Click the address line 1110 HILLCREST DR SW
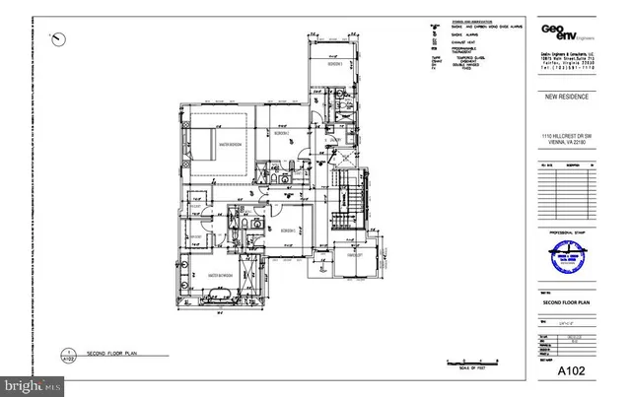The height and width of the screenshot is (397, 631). pyautogui.click(x=565, y=135)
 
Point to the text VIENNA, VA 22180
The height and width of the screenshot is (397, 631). pyautogui.click(x=565, y=142)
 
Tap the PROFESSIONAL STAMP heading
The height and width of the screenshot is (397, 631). pyautogui.click(x=559, y=232)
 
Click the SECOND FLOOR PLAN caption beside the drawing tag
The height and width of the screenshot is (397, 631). pyautogui.click(x=110, y=352)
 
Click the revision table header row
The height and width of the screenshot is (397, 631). pyautogui.click(x=565, y=165)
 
